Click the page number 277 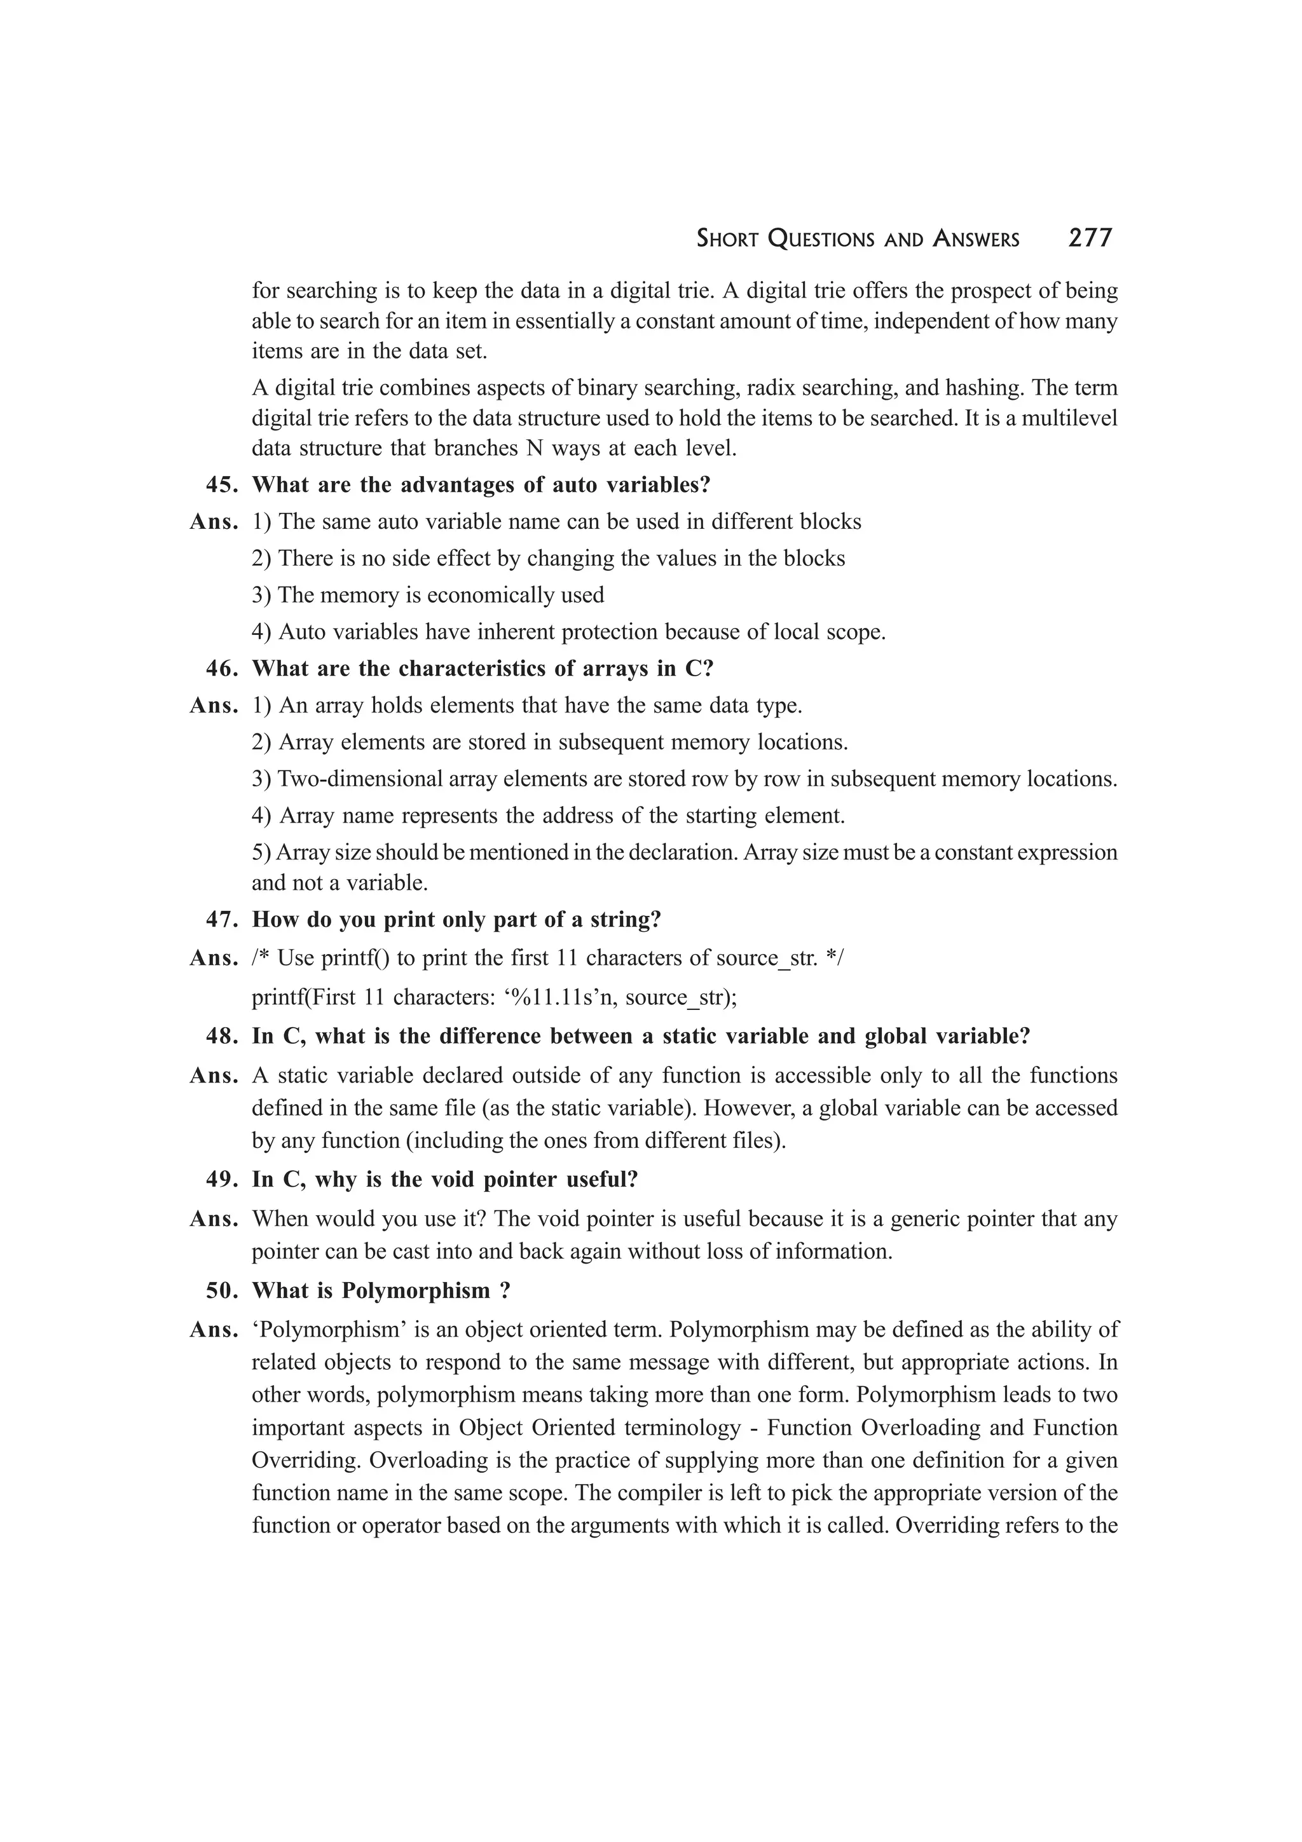(1090, 238)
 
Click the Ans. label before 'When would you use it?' (214, 1218)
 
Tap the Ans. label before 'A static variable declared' (214, 1075)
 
